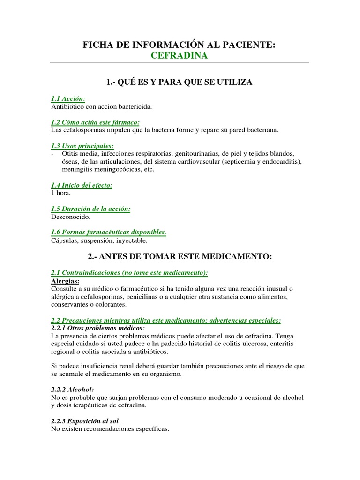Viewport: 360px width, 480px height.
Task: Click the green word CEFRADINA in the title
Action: (180, 56)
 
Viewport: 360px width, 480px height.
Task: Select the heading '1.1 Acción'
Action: (68, 99)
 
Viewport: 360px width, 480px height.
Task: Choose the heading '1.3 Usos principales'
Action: (82, 145)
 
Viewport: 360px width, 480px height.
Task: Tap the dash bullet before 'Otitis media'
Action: (52, 153)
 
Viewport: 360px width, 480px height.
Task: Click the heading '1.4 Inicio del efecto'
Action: (82, 185)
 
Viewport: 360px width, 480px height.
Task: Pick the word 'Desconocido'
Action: (70, 217)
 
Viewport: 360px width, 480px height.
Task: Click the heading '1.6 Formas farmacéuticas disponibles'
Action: (108, 232)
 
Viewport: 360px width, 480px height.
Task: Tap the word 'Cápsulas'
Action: (64, 240)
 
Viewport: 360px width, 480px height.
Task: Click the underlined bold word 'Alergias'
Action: (65, 281)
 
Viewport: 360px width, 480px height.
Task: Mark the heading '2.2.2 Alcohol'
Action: (72, 390)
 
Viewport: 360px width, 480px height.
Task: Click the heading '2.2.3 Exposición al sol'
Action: (86, 421)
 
